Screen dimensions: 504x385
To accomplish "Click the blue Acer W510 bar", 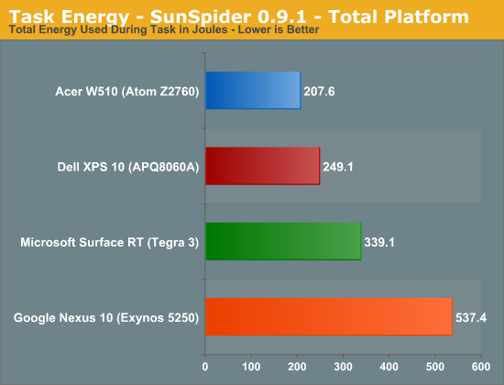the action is [253, 91].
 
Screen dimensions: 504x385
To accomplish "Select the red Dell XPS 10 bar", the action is [263, 166].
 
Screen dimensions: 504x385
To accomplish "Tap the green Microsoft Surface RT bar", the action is [283, 241].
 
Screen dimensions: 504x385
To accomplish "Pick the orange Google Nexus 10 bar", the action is [329, 317].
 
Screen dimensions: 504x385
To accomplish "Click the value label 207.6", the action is [319, 92].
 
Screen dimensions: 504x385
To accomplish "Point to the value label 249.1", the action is [338, 167].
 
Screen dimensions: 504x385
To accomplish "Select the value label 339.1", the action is [379, 242].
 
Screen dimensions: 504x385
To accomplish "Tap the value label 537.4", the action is [471, 318].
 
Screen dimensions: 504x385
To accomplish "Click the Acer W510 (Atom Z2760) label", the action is [127, 92].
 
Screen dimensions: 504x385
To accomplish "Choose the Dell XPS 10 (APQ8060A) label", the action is [128, 167].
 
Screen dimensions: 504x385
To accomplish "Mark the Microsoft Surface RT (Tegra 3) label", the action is [110, 242].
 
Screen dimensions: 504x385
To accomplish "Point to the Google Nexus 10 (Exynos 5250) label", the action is [106, 318].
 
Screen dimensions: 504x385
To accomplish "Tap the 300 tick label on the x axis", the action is [343, 367].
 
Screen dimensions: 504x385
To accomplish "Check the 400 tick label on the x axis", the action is [389, 367].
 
